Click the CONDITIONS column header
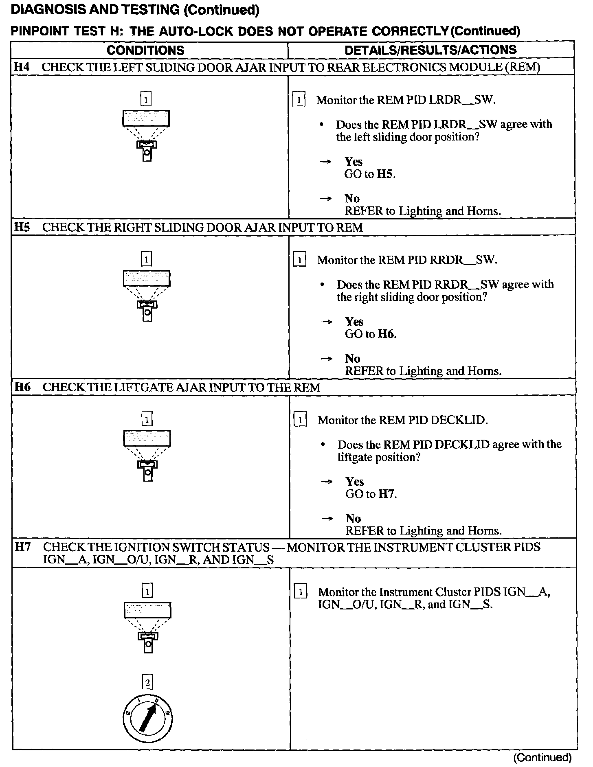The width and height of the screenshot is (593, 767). point(145,50)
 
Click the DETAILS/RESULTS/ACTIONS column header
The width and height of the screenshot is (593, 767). point(430,50)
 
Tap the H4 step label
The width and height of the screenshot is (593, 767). point(22,67)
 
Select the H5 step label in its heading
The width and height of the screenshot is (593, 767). point(22,227)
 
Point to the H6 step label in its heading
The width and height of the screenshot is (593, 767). point(22,387)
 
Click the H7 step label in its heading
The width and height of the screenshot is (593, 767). point(23,547)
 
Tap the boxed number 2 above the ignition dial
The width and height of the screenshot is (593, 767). point(147,682)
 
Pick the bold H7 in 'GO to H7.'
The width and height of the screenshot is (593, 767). point(387,494)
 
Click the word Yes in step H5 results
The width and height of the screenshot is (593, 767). point(354,322)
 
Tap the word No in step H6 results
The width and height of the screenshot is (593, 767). point(353,518)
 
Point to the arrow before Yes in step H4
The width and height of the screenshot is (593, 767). point(325,162)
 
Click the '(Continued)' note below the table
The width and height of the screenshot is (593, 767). point(542,757)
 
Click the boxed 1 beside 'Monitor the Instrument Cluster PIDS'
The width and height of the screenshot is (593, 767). point(300,592)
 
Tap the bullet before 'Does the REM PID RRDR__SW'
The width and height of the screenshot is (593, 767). point(322,285)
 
